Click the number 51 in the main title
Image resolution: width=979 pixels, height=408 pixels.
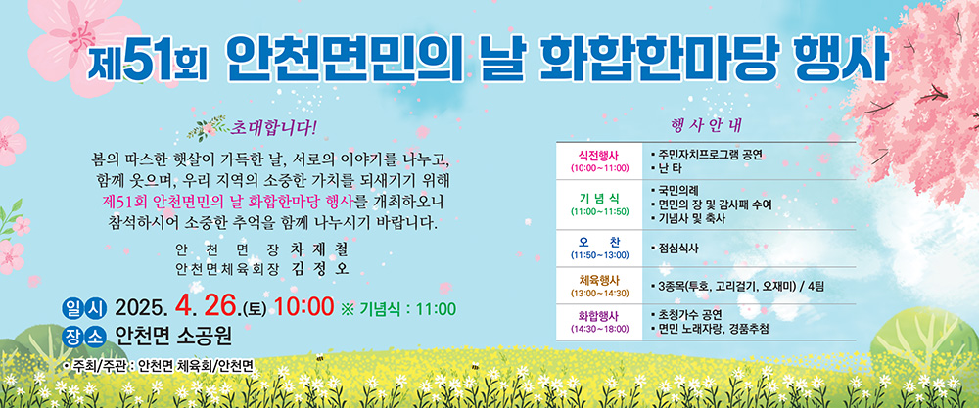click(x=148, y=64)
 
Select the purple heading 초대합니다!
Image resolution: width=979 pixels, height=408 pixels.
click(x=274, y=127)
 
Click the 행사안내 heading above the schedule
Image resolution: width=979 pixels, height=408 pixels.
click(x=706, y=125)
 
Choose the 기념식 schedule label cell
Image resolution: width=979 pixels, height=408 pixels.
click(x=599, y=204)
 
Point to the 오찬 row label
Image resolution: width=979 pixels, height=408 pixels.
click(x=599, y=248)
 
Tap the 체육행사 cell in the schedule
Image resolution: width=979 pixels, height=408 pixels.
click(x=599, y=285)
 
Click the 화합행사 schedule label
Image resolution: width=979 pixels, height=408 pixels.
click(x=599, y=321)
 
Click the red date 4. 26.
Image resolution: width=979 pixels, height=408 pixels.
click(x=209, y=307)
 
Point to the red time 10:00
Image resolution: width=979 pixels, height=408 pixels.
click(x=304, y=307)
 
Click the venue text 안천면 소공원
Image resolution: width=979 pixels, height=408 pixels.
click(x=173, y=337)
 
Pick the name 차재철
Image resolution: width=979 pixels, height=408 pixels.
click(x=318, y=250)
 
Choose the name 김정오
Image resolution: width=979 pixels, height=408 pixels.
click(x=318, y=269)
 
